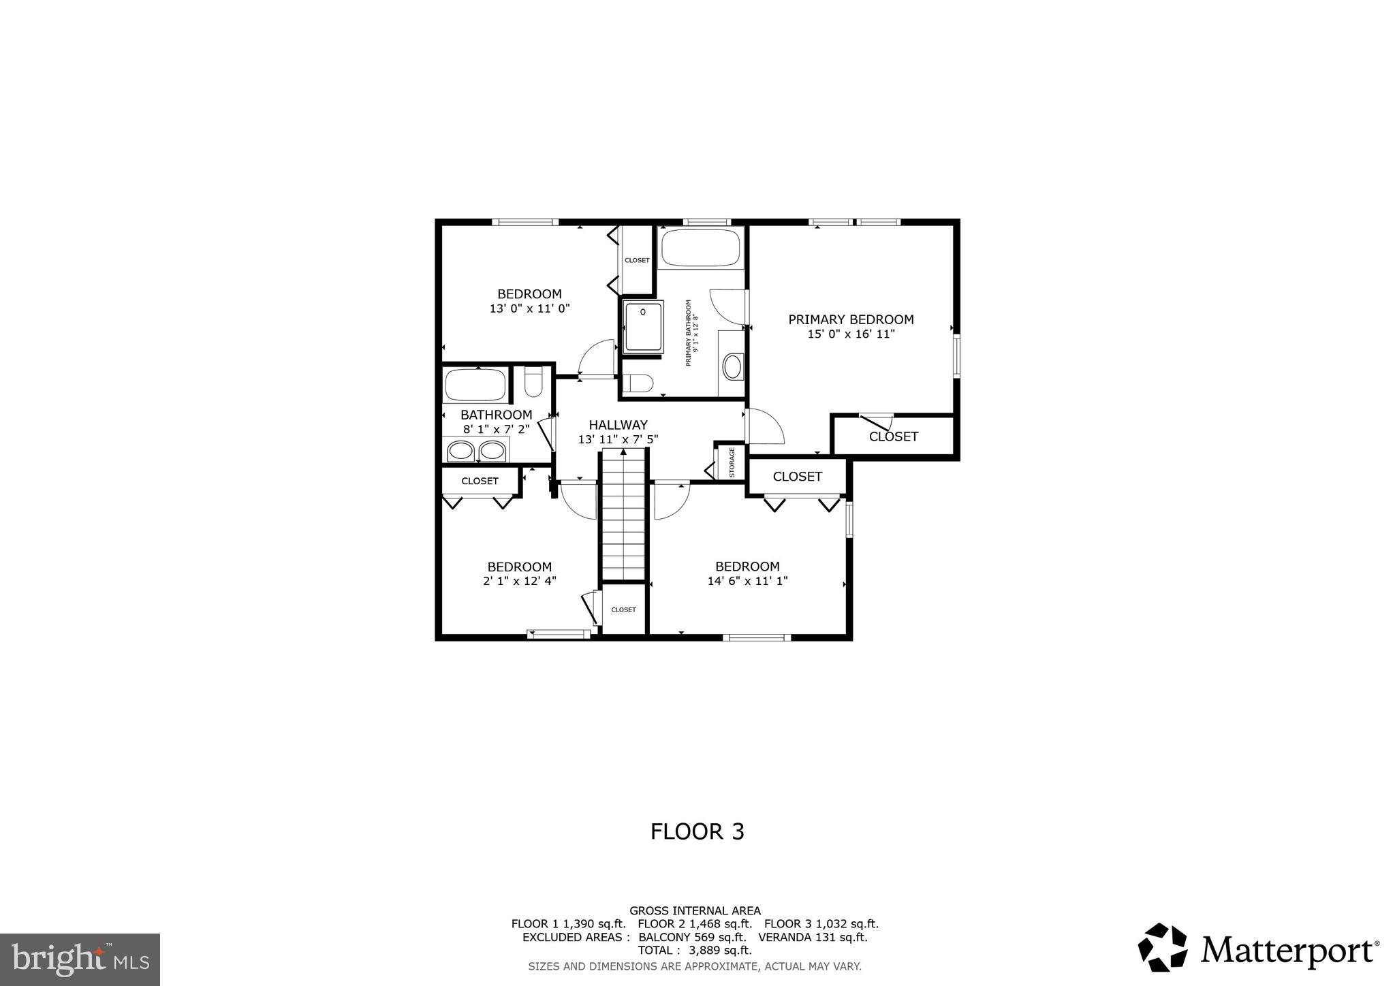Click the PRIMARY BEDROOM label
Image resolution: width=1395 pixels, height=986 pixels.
[851, 319]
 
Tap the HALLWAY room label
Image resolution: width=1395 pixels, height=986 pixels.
[618, 425]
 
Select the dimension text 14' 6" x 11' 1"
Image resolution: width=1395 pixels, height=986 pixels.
[747, 581]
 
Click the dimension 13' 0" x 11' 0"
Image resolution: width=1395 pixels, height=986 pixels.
[529, 308]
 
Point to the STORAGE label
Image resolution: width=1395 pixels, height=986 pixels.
[732, 462]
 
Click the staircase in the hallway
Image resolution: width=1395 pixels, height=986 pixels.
[623, 514]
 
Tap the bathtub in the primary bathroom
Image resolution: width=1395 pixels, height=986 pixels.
[701, 248]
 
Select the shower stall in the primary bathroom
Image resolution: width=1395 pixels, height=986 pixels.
[643, 328]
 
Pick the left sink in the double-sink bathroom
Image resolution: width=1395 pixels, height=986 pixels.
[461, 451]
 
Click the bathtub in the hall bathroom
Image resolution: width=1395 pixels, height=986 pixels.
[475, 385]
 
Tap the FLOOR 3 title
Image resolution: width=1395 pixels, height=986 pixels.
[697, 831]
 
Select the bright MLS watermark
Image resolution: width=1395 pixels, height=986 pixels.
[80, 959]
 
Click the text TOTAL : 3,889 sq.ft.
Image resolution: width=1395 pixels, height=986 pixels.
[694, 950]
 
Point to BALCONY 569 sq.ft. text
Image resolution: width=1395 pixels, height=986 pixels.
[687, 937]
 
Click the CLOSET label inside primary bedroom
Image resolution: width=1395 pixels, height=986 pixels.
[893, 436]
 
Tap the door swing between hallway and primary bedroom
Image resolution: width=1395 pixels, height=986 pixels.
[764, 427]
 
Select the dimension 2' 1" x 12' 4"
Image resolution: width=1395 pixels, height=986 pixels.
[520, 581]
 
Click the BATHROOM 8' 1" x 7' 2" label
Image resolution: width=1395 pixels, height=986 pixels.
[496, 422]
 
